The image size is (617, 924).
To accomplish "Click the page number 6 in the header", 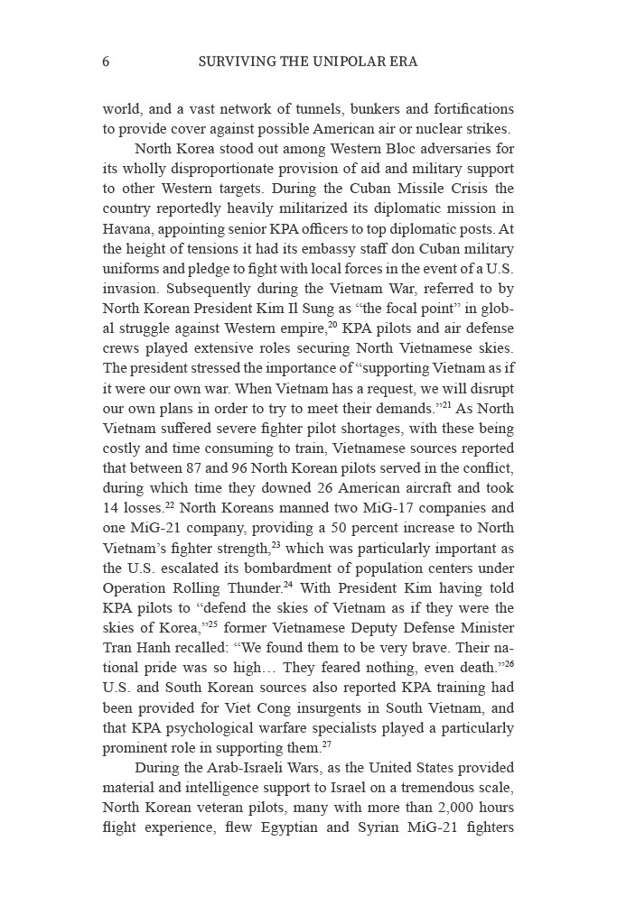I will click(x=107, y=62).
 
